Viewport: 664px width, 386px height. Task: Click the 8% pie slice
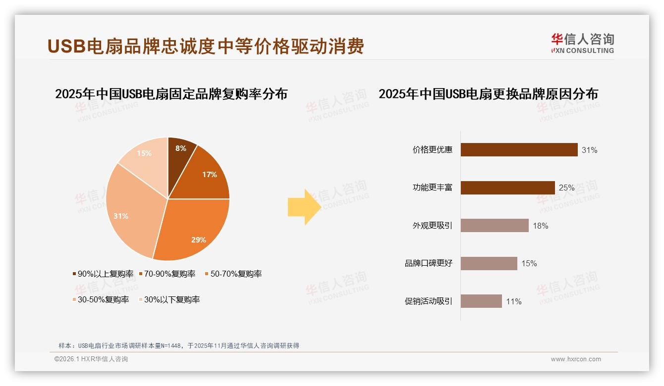(180, 153)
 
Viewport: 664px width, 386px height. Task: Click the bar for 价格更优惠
(519, 149)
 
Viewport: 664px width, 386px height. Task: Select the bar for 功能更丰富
(507, 188)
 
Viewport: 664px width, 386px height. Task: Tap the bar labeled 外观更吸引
(495, 226)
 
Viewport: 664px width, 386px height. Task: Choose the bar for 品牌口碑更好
(489, 263)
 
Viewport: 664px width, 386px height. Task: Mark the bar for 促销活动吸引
(481, 301)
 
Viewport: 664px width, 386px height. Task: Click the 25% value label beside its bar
(566, 188)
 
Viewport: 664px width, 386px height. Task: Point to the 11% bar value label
(513, 301)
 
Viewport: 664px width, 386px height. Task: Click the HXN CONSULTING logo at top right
(582, 44)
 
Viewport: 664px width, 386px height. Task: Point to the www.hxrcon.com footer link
(576, 359)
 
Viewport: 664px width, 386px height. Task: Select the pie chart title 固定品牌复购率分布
(171, 94)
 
